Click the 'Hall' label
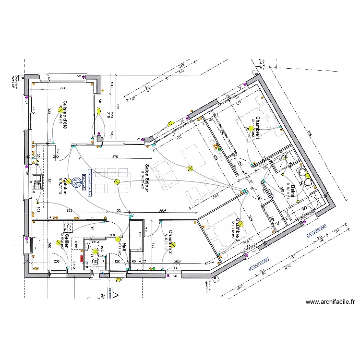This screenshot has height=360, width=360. tap(123, 247)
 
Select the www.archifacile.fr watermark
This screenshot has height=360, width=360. tap(330, 302)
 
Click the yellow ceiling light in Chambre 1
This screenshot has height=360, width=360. tap(251, 128)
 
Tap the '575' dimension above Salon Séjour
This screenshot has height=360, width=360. tap(115, 157)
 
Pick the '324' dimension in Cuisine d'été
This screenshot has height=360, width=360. tap(62, 89)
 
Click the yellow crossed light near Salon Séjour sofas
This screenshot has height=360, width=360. tap(191, 168)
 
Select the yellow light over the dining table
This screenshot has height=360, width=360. tap(117, 181)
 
